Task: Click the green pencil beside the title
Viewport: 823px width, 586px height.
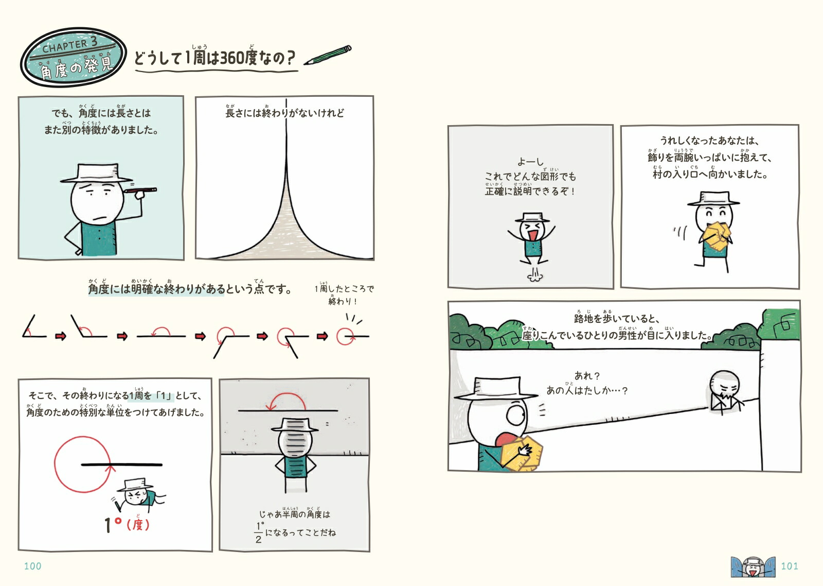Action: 328,55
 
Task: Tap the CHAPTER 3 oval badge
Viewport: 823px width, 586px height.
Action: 74,57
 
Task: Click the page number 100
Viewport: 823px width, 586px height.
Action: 32,566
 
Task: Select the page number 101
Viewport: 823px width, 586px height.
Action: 789,566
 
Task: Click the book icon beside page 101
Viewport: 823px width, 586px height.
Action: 753,566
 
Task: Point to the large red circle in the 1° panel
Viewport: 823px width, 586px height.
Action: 81,464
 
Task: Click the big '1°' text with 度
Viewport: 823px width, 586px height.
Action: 126,524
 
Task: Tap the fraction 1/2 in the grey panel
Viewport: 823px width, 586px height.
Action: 259,532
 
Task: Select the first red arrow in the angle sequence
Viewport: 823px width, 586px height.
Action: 61,337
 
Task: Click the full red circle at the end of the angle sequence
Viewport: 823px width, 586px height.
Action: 345,337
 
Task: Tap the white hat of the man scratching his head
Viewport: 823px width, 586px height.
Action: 97,173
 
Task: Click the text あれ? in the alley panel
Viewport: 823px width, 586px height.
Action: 587,376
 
